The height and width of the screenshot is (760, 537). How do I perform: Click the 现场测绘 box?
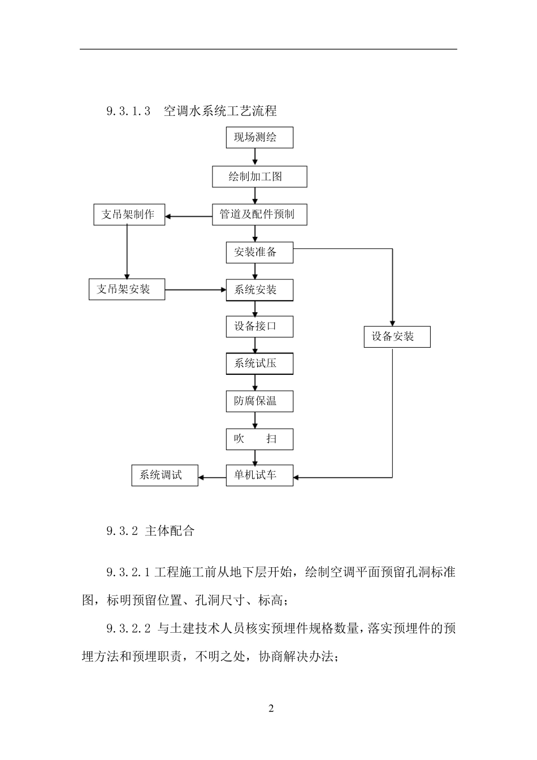pyautogui.click(x=259, y=137)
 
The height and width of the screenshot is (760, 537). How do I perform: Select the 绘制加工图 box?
pyautogui.click(x=259, y=176)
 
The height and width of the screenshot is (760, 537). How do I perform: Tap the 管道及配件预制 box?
pyautogui.click(x=259, y=214)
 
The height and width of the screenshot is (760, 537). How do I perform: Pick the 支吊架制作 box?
pyautogui.click(x=129, y=215)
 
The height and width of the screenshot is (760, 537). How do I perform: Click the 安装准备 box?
pyautogui.click(x=259, y=252)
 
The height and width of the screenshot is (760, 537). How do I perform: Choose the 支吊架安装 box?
pyautogui.click(x=127, y=290)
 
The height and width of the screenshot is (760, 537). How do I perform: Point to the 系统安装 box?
pyautogui.click(x=259, y=290)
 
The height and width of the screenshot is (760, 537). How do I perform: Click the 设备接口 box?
pyautogui.click(x=259, y=326)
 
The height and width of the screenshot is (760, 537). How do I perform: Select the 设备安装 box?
pyautogui.click(x=397, y=337)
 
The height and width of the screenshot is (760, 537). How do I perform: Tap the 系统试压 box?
pyautogui.click(x=259, y=363)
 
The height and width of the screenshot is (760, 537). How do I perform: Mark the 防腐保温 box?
pyautogui.click(x=259, y=401)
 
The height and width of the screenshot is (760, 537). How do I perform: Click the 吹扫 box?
pyautogui.click(x=259, y=439)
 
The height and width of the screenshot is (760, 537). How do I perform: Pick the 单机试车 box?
pyautogui.click(x=259, y=475)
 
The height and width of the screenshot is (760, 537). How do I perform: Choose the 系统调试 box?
pyautogui.click(x=164, y=475)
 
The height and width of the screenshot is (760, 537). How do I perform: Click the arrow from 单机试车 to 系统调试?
pyautogui.click(x=212, y=477)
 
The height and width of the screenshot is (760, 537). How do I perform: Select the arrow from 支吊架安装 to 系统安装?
pyautogui.click(x=195, y=290)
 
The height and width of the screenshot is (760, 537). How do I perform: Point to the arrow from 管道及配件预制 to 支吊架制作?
pyautogui.click(x=188, y=216)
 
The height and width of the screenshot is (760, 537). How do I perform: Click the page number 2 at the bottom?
pyautogui.click(x=271, y=709)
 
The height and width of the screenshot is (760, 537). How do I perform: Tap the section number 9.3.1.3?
pyautogui.click(x=128, y=111)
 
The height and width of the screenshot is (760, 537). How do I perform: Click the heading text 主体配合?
pyautogui.click(x=170, y=531)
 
